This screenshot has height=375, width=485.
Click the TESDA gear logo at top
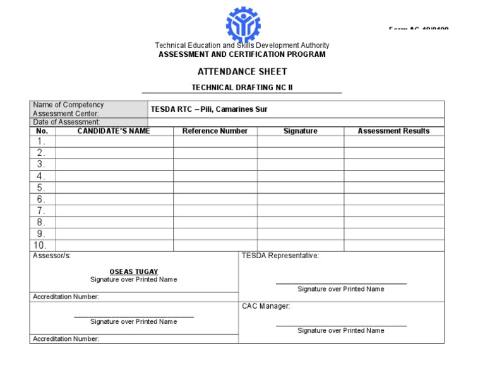[x=242, y=25]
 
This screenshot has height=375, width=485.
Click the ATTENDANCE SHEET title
[x=242, y=72]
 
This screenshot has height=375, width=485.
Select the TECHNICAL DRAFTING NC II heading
[x=242, y=88]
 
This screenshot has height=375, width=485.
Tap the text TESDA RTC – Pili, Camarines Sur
[x=209, y=109]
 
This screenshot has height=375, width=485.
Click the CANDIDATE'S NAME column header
[x=114, y=131]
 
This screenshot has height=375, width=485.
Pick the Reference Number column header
[x=215, y=131]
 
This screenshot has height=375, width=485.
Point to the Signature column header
[x=300, y=131]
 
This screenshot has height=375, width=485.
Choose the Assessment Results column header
[x=393, y=131]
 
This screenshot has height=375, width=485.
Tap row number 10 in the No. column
[x=40, y=246]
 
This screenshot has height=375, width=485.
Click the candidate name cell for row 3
[x=114, y=165]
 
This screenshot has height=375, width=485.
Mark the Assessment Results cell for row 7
[x=393, y=211]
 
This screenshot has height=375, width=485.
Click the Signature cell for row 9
[x=300, y=234]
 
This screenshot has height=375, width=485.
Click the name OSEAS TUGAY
[x=134, y=272]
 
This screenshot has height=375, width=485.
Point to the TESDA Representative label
[x=280, y=256]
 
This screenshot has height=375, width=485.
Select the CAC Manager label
[x=266, y=306]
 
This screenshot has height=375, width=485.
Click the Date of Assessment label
[x=66, y=122]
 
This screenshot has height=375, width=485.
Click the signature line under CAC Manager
[x=341, y=326]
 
